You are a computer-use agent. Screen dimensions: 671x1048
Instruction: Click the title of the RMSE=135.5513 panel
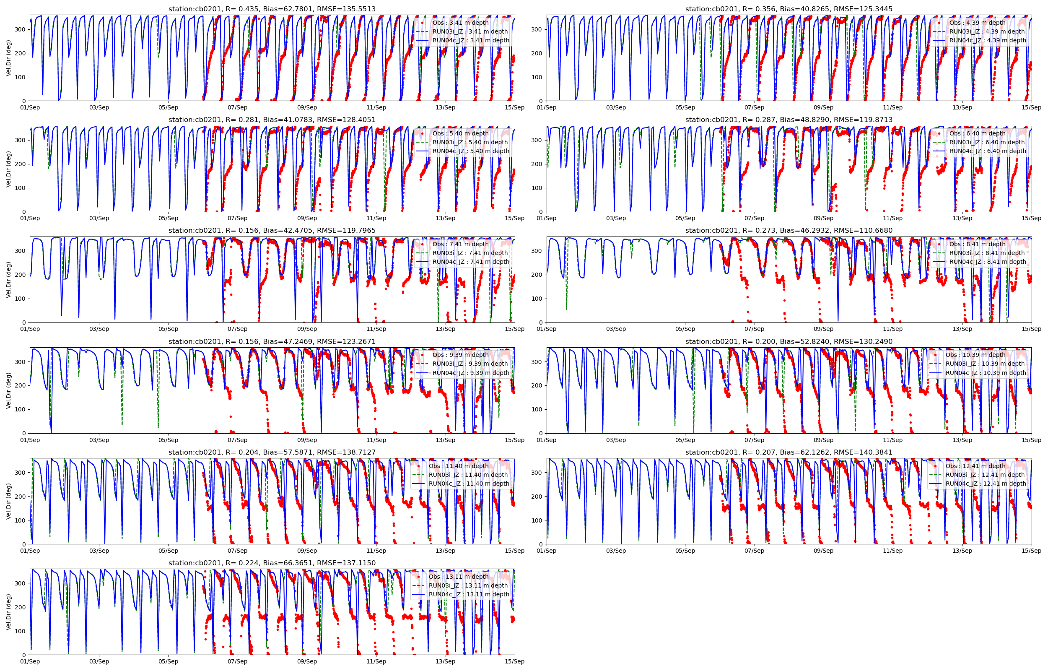[x=272, y=9]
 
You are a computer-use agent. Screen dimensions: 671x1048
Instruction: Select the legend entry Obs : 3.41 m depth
[x=460, y=23]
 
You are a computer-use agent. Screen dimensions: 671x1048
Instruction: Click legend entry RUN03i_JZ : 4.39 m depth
[x=987, y=31]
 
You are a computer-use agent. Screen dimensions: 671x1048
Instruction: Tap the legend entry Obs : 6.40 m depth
[x=977, y=133]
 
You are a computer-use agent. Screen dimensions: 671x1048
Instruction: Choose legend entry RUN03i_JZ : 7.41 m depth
[x=470, y=253]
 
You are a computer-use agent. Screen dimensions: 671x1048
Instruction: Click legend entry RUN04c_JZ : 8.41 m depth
[x=987, y=262]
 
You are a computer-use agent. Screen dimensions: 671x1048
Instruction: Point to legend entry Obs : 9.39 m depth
[x=460, y=355]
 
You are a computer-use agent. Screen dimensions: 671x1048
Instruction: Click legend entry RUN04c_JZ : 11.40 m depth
[x=469, y=484]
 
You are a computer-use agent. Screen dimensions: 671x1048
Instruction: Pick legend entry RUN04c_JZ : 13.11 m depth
[x=469, y=594]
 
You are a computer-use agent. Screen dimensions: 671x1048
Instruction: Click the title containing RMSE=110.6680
[x=789, y=231]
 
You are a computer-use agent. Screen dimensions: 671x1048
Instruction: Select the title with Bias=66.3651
[x=272, y=563]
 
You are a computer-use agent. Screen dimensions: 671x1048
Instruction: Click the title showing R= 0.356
[x=789, y=9]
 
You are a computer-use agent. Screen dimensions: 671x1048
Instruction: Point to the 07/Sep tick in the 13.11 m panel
[x=237, y=661]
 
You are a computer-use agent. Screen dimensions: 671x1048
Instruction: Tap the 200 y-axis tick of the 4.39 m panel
[x=537, y=53]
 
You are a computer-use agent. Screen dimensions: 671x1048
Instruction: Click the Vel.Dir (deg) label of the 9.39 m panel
[x=9, y=390]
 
